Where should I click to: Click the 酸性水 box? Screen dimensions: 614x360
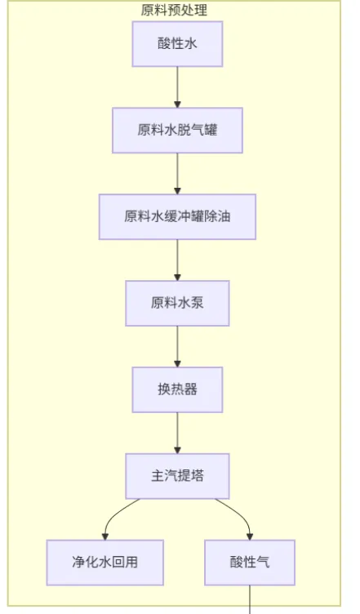point(177,44)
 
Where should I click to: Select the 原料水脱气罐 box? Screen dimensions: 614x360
point(177,130)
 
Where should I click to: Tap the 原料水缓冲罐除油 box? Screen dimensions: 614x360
point(177,216)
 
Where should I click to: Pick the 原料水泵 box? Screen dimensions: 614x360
point(177,303)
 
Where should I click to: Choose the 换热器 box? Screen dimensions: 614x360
point(177,389)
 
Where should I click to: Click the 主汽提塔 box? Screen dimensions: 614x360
point(177,476)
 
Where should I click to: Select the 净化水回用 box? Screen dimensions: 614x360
point(104,562)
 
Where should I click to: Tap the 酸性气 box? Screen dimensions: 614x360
point(249,562)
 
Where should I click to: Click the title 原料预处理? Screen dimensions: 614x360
point(174,10)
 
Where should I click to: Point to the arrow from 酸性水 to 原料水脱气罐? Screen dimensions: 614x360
point(177,87)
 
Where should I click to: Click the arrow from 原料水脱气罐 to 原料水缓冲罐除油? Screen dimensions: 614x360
point(177,173)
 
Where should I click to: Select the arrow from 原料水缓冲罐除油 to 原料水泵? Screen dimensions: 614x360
point(177,260)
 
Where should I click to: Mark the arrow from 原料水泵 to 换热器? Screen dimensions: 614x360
point(177,346)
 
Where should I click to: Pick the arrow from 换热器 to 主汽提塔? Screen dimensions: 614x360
point(177,433)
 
